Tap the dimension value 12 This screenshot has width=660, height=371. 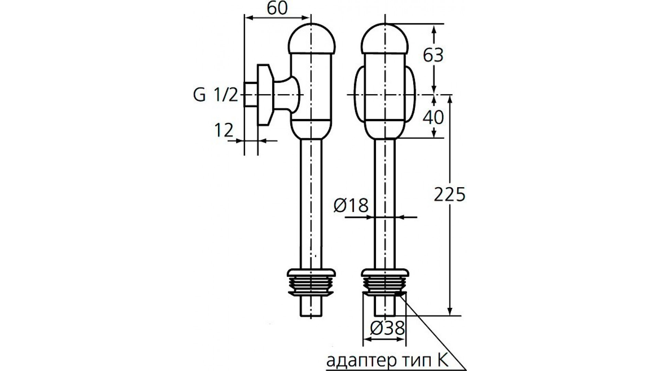(x=224, y=130)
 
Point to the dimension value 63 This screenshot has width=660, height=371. (x=433, y=55)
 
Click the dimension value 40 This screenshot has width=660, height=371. (x=433, y=118)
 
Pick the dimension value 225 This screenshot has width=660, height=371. (x=450, y=195)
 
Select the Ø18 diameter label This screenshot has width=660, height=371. (x=351, y=205)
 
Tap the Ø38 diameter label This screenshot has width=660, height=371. (x=387, y=328)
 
